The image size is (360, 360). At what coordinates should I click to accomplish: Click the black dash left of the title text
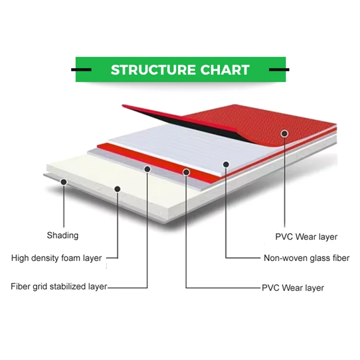coord(81,70)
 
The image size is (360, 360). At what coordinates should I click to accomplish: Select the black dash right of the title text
coord(279,70)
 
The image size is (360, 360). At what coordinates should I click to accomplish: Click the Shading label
coord(62,235)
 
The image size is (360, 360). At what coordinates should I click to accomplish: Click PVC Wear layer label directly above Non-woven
coord(306,237)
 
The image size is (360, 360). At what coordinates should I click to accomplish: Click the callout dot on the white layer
coord(226,164)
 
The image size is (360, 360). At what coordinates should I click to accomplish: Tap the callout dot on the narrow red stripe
coord(186,171)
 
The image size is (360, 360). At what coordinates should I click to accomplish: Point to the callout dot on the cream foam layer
coord(117,189)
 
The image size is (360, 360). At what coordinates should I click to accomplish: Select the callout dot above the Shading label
coord(63,181)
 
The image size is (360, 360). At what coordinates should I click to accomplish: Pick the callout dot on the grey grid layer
coord(147,169)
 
